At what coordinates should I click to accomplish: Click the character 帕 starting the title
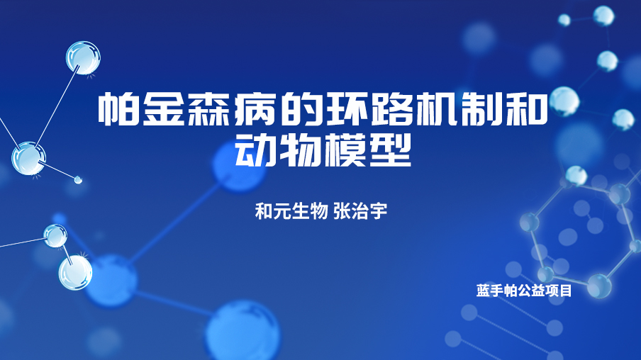118,108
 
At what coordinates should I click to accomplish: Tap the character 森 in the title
209,108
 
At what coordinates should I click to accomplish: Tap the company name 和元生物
291,211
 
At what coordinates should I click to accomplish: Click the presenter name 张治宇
360,211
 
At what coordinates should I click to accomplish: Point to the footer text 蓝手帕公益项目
524,291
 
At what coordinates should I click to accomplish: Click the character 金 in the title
163,108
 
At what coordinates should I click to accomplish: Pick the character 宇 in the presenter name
379,211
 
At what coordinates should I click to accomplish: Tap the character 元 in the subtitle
282,211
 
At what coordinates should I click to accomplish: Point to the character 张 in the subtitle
342,211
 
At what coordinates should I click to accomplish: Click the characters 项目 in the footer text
558,291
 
